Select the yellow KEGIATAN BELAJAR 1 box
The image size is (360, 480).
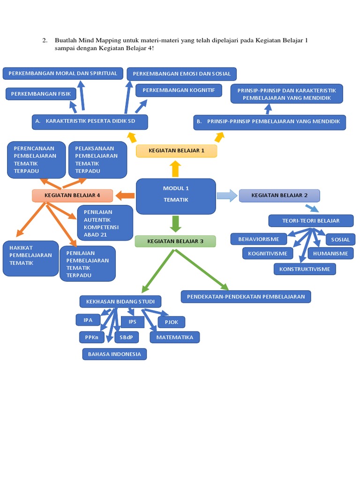176,151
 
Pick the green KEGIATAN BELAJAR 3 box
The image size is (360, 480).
175,241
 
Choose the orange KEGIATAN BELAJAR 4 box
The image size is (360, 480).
72,195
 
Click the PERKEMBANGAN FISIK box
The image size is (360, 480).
41,94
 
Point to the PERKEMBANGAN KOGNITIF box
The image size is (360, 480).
179,90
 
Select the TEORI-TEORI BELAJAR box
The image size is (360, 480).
311,221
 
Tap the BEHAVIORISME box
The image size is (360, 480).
259,239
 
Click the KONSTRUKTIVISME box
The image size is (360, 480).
305,269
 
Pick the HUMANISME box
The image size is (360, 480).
330,254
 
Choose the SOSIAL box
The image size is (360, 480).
340,240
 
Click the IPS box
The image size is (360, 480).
133,322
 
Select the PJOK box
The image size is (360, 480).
172,322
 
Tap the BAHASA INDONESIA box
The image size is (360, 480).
114,354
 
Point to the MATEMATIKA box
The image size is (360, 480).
175,337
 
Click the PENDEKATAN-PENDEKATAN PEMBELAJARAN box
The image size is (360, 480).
246,297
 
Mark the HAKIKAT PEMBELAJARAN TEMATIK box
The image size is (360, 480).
30,258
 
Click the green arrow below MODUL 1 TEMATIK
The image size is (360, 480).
176,224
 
